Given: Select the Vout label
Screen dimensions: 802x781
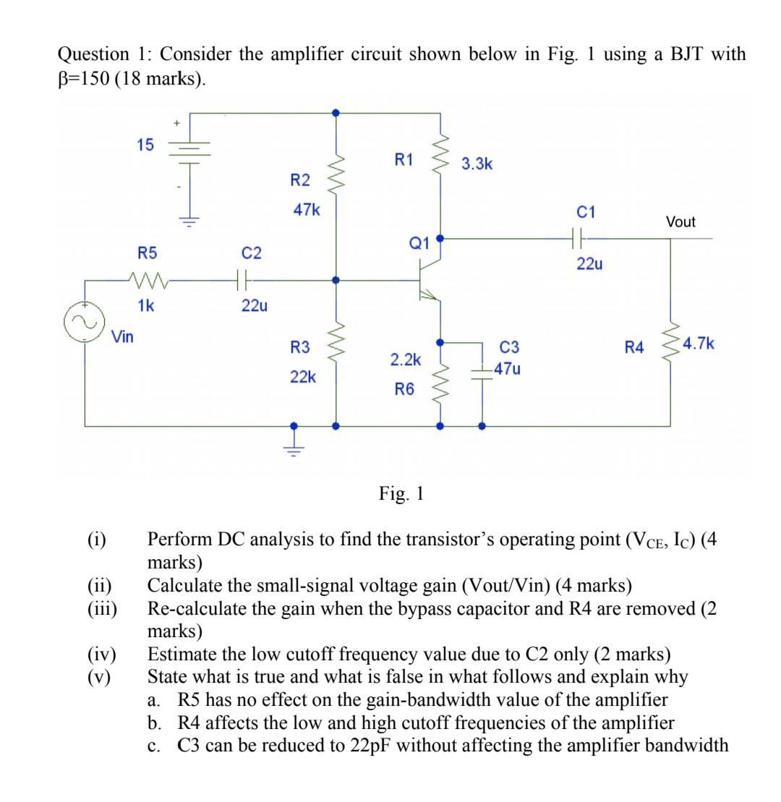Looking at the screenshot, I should click(680, 222).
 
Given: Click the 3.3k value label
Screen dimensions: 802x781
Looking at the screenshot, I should click(477, 164).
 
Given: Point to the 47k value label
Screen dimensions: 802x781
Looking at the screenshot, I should click(306, 210).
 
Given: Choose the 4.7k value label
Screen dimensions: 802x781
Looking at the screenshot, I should click(699, 343).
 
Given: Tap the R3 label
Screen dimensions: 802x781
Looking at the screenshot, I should click(299, 348).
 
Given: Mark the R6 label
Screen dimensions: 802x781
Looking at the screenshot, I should click(404, 389).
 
